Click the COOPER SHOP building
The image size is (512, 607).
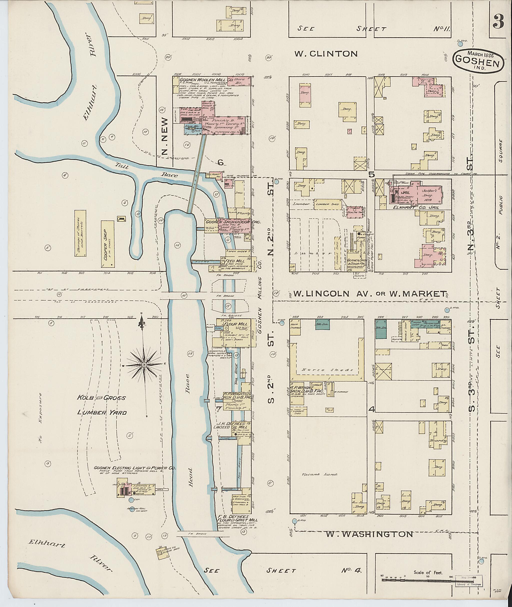108,244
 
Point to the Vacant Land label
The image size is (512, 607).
319,475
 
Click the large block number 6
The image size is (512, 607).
220,163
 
